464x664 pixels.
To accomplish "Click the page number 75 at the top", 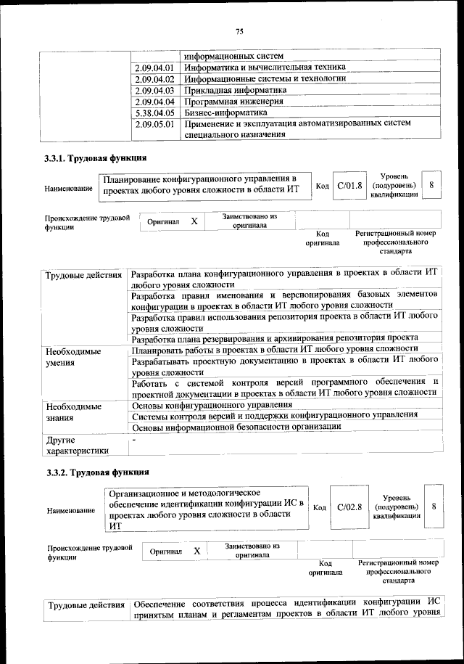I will [x=239, y=30].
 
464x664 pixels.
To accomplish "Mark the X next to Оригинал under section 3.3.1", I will [x=194, y=221].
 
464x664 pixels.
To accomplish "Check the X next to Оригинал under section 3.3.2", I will [x=196, y=552].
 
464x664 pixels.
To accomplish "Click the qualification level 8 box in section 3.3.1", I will [x=432, y=186].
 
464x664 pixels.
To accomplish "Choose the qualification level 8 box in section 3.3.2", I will [x=434, y=507].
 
